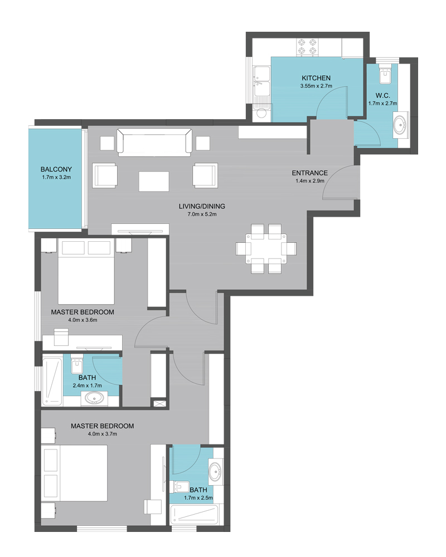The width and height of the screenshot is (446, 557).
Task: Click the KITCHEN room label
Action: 316,78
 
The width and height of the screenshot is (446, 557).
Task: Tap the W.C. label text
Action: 382,96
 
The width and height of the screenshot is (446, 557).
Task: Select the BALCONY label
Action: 56,169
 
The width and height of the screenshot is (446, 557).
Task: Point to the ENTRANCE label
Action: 310,173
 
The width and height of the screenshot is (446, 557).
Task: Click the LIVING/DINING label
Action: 202,206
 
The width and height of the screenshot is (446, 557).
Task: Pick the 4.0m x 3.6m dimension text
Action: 83,320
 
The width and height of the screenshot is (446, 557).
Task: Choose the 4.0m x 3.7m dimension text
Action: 103,434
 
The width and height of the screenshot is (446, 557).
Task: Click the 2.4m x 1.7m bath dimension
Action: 87,385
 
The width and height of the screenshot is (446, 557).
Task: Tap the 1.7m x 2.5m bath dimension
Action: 198,497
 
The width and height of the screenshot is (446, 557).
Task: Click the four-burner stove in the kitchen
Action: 307,47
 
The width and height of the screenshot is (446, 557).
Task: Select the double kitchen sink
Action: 261,81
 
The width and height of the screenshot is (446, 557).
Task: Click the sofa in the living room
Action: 155,143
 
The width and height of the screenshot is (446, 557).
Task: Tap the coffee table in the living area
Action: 154,181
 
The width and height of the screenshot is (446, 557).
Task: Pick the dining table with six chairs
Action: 266,248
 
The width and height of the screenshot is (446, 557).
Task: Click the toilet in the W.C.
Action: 385,74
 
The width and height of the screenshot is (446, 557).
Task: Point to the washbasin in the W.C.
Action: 401,125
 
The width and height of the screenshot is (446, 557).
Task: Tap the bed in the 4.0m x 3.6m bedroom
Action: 86,272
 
